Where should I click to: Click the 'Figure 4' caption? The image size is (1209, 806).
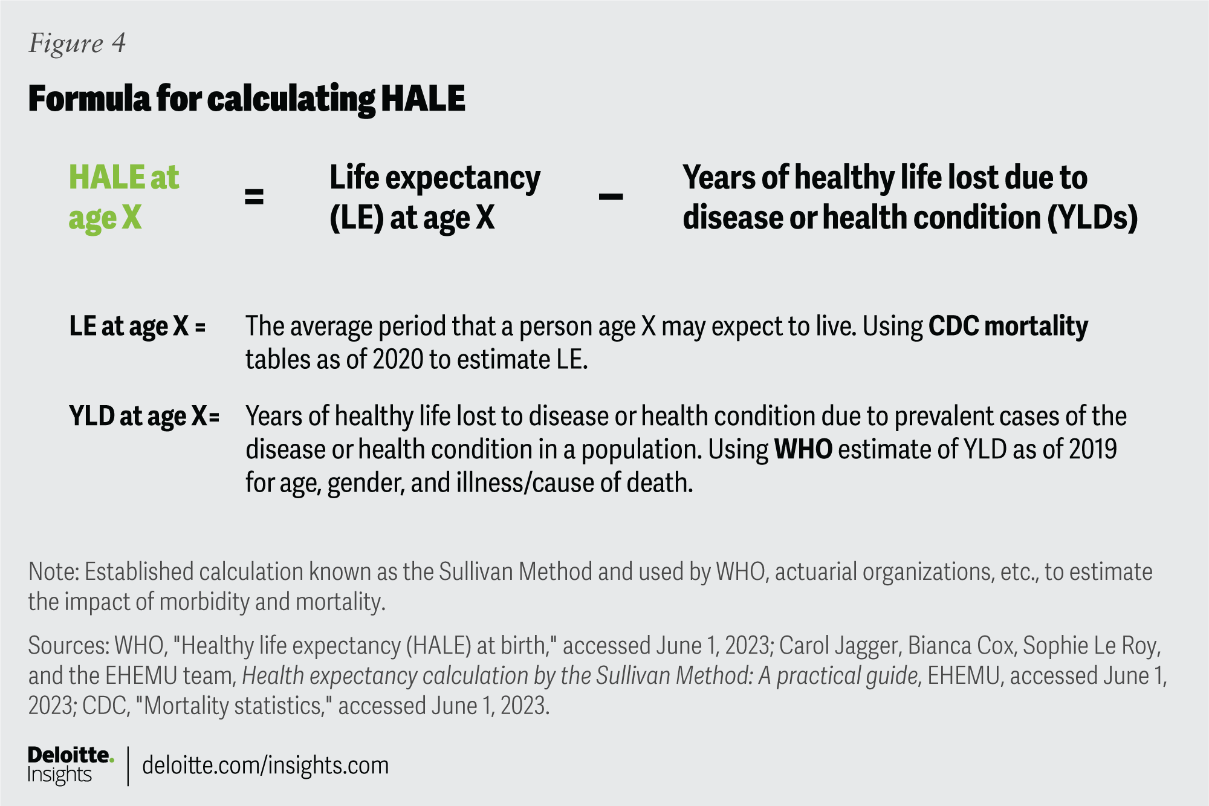77,44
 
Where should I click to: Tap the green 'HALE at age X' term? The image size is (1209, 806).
123,197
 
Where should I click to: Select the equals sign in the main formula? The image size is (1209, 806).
254,197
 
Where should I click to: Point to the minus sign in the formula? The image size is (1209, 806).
611,197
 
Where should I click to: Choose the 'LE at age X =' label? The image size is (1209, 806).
137,327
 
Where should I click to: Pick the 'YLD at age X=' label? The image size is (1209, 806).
144,417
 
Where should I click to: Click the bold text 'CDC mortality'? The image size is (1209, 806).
1008,327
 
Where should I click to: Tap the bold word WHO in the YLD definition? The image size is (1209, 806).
803,450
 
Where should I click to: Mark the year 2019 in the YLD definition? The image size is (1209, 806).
1092,450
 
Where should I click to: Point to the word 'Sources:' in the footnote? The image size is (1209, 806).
68,646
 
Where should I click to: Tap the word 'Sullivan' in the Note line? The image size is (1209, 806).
476,572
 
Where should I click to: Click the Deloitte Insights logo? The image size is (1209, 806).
70,765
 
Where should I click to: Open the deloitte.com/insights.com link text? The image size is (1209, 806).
265,766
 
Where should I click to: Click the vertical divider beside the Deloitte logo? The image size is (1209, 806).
128,766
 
